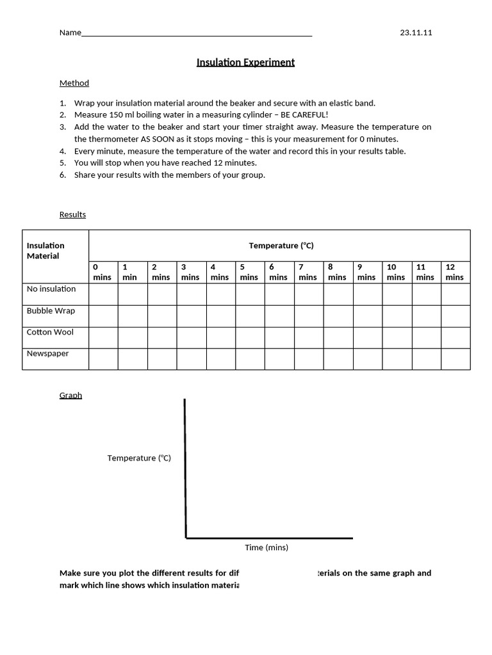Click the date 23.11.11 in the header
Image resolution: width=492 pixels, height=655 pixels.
416,33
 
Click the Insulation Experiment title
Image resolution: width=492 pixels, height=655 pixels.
245,62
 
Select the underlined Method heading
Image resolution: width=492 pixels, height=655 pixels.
74,83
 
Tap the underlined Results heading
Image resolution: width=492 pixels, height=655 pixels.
72,214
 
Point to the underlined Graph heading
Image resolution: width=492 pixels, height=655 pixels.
70,395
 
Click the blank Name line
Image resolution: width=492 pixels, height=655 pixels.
197,34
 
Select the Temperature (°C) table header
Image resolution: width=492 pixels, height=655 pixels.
281,246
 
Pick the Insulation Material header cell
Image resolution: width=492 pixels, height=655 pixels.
46,251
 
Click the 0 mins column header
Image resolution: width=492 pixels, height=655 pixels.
102,272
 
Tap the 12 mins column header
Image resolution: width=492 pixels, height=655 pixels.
455,272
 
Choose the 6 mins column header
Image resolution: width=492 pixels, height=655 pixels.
279,272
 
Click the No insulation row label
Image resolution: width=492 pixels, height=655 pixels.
51,289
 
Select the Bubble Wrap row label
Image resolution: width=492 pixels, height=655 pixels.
51,311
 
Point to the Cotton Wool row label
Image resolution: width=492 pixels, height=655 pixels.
50,332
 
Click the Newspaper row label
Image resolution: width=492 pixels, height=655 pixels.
47,354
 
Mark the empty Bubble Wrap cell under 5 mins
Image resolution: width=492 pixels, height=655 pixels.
250,316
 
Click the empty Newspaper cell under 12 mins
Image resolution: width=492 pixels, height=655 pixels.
455,359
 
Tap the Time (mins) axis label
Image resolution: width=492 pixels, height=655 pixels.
266,548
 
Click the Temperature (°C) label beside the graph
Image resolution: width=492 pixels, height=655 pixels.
139,458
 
